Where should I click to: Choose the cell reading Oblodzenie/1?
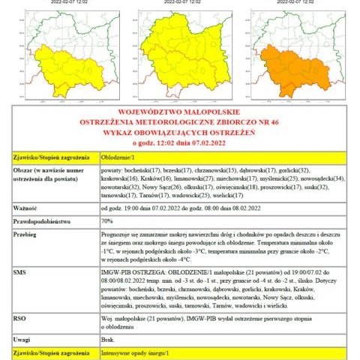pyautogui.click(x=120, y=157)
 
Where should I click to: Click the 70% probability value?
pyautogui.click(x=107, y=221)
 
